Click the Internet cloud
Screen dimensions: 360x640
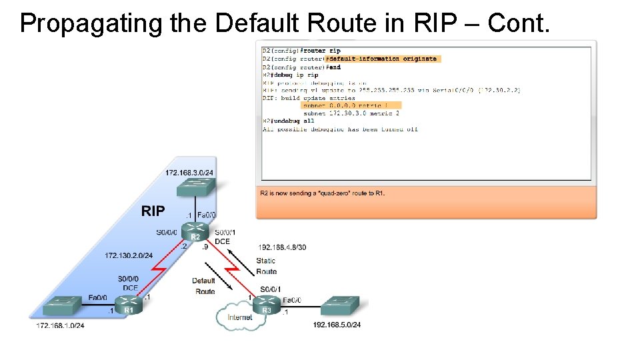pos(239,317)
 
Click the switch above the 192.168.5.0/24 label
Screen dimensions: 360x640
pos(339,306)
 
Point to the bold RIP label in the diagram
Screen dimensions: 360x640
pos(153,211)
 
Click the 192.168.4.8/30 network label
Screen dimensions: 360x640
pos(281,247)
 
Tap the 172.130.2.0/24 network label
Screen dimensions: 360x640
pos(129,255)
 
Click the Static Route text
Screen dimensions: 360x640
pos(266,266)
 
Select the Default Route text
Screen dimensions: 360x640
pos(204,286)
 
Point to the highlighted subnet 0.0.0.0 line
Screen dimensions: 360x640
pos(351,105)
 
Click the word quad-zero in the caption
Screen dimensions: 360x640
pos(331,193)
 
